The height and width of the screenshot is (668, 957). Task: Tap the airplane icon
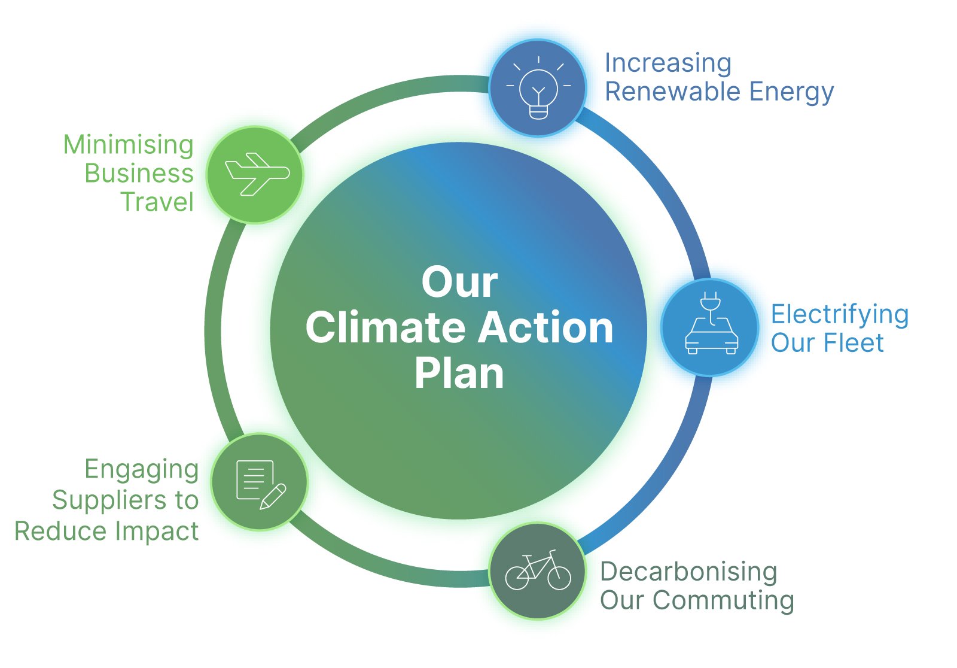point(257,174)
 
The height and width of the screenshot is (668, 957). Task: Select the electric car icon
point(711,323)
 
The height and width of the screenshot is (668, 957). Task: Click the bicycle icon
point(538,570)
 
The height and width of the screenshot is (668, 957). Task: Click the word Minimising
point(129,146)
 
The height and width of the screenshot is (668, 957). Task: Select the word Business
point(139,173)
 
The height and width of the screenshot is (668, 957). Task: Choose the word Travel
point(158,202)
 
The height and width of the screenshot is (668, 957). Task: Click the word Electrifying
point(840,315)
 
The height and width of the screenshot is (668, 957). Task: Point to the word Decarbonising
point(688,573)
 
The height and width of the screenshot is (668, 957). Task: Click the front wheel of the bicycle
point(559,578)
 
